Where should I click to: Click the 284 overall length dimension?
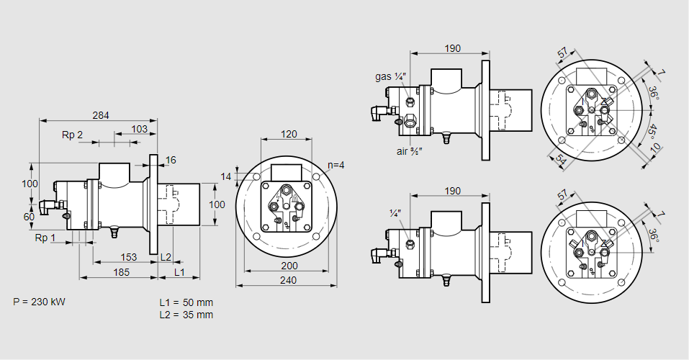(101, 114)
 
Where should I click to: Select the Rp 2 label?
(72, 135)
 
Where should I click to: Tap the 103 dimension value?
(140, 129)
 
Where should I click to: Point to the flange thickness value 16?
(171, 160)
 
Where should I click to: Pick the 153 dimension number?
(127, 257)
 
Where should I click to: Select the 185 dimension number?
(121, 271)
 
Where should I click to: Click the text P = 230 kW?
(40, 302)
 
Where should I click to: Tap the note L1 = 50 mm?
(186, 302)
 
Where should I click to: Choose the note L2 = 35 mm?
(186, 315)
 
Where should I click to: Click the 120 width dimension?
(289, 134)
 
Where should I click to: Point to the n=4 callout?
(335, 165)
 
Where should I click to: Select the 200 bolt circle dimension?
(289, 266)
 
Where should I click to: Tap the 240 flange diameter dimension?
(289, 280)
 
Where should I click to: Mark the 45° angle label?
(652, 132)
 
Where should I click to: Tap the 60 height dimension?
(30, 217)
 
